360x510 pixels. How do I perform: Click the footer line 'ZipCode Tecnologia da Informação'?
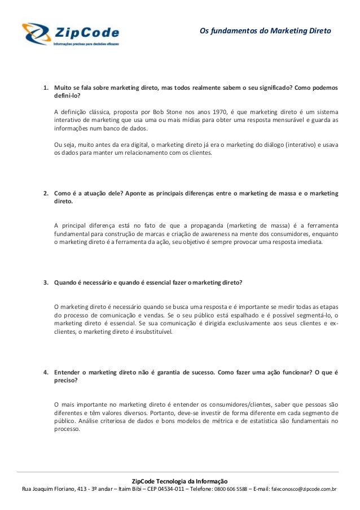point(179,480)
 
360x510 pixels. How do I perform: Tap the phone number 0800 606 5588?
point(230,489)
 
